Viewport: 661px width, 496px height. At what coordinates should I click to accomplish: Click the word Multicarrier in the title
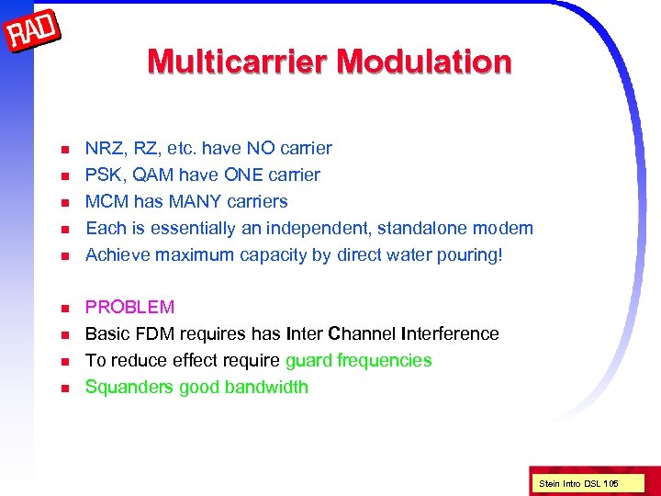click(x=238, y=62)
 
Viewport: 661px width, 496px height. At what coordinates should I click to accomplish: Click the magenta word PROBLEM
click(x=129, y=307)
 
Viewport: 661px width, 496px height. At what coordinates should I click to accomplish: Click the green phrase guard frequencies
click(x=359, y=360)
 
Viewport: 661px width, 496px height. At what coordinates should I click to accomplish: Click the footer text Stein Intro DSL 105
click(x=578, y=482)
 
